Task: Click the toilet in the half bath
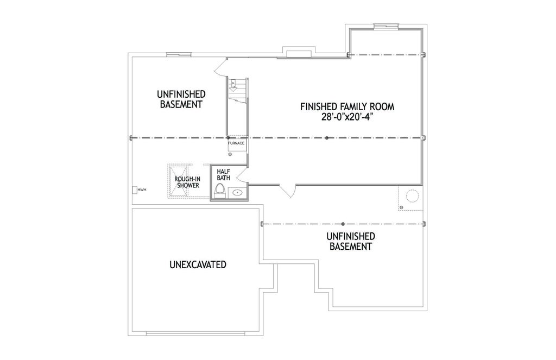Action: tap(220, 191)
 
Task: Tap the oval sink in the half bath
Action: tap(237, 193)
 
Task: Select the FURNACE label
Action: tap(236, 143)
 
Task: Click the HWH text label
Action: tap(142, 190)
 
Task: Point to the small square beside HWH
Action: tap(135, 190)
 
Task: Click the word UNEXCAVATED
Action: tap(198, 264)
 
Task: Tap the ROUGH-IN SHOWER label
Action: tap(187, 182)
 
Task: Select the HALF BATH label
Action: tap(223, 174)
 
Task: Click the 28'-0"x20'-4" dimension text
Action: tap(347, 117)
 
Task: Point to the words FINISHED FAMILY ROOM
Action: tap(347, 106)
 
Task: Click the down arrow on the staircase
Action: tap(233, 87)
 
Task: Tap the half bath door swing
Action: tap(241, 175)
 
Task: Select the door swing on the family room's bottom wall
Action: tap(288, 191)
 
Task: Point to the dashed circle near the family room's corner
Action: tap(413, 196)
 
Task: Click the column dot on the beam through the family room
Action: tap(327, 138)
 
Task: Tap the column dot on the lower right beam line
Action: tap(343, 224)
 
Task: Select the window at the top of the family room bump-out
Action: tap(386, 26)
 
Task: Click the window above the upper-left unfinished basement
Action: tap(179, 55)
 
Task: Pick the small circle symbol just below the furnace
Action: tap(230, 154)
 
